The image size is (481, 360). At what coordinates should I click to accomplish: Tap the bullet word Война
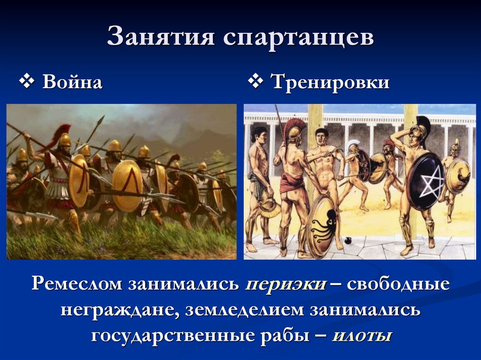pos(72,83)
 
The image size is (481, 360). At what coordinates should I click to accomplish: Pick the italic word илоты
pos(362,336)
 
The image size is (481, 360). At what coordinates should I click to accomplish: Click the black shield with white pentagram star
pos(424,181)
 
